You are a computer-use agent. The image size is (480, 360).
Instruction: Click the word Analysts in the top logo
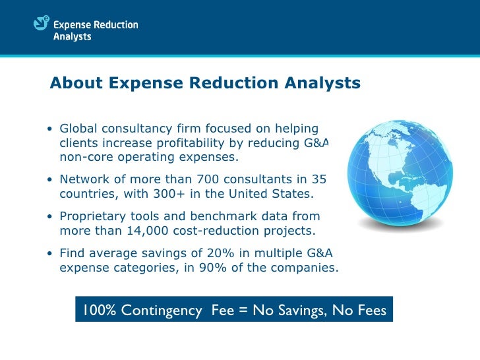click(72, 37)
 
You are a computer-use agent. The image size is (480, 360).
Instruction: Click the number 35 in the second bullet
click(318, 179)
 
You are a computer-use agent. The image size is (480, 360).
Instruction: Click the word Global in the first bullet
click(78, 128)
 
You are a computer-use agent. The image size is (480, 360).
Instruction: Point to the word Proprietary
click(94, 216)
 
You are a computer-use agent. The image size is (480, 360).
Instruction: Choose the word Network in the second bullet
click(83, 179)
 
